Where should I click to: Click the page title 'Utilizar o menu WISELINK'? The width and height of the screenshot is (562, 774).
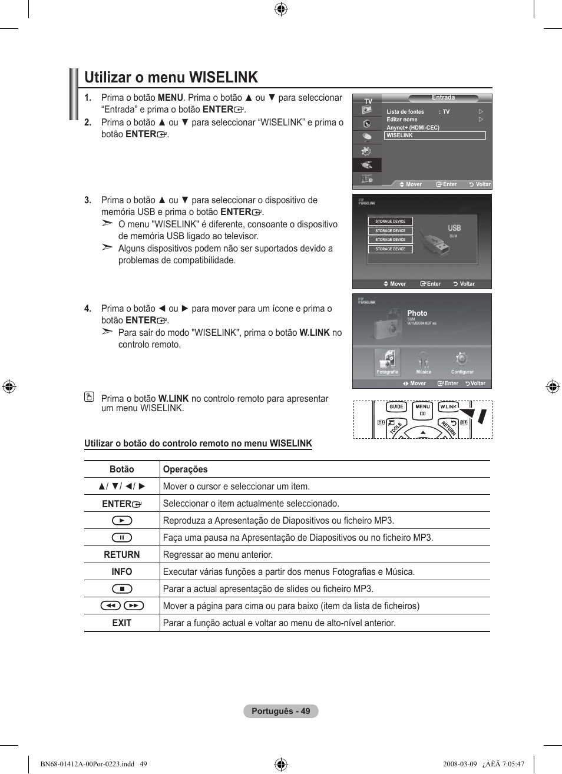tap(171, 77)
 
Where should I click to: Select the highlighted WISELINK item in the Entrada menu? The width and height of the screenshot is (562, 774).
tap(434, 135)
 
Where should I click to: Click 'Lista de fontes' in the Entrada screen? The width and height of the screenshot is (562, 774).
tap(405, 112)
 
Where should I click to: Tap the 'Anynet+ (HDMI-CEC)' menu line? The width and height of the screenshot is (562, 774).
tap(413, 128)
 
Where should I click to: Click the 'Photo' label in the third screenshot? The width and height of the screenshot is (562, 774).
tap(417, 313)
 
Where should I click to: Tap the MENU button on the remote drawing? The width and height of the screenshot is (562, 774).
tap(422, 410)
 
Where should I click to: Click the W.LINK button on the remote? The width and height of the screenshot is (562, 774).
tap(448, 407)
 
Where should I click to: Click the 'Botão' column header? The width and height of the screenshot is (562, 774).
tap(122, 469)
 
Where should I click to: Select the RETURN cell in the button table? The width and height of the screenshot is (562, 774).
tap(122, 555)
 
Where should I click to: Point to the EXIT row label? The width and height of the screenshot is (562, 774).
tap(122, 623)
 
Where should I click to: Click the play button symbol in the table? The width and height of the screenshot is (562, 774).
tap(122, 521)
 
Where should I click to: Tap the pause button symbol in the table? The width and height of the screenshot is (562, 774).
tap(122, 538)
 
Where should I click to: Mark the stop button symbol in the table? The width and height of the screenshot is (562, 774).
tap(122, 589)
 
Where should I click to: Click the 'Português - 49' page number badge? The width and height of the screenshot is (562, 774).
tap(281, 711)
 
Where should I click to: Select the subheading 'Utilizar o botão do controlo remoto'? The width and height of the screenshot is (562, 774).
tap(198, 444)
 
